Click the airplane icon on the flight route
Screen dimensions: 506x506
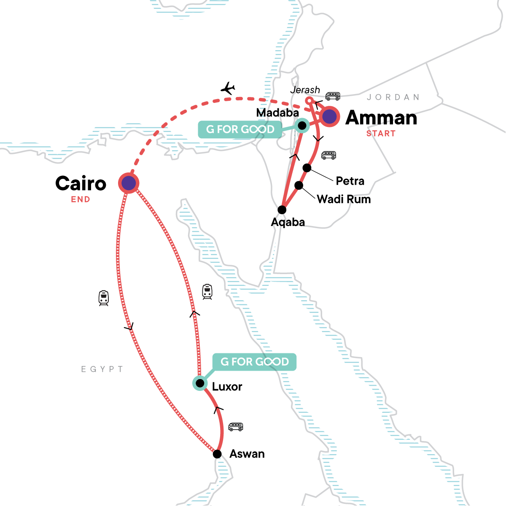(x=228, y=89)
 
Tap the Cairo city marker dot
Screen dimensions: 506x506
(x=129, y=183)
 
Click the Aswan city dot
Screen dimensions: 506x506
(x=217, y=454)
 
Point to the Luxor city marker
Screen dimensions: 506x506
(x=200, y=383)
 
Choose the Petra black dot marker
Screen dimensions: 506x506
(x=307, y=168)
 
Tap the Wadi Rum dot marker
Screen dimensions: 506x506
(x=299, y=186)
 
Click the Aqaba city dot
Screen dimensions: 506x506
(x=282, y=210)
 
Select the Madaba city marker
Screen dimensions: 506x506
(x=302, y=125)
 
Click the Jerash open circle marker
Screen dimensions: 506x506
(x=309, y=101)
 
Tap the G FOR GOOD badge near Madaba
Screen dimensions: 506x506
(x=240, y=129)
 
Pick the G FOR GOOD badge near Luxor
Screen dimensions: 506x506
(x=254, y=362)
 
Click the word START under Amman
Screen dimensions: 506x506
(x=381, y=134)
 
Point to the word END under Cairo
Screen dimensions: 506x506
(x=81, y=199)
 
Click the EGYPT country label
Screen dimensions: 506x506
(x=102, y=369)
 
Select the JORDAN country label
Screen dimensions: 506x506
(x=393, y=97)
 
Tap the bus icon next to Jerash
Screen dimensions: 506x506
(x=333, y=96)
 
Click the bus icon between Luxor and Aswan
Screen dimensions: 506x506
(x=236, y=427)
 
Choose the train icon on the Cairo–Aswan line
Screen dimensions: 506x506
(x=104, y=298)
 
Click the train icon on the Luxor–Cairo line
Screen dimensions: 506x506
(x=207, y=292)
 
